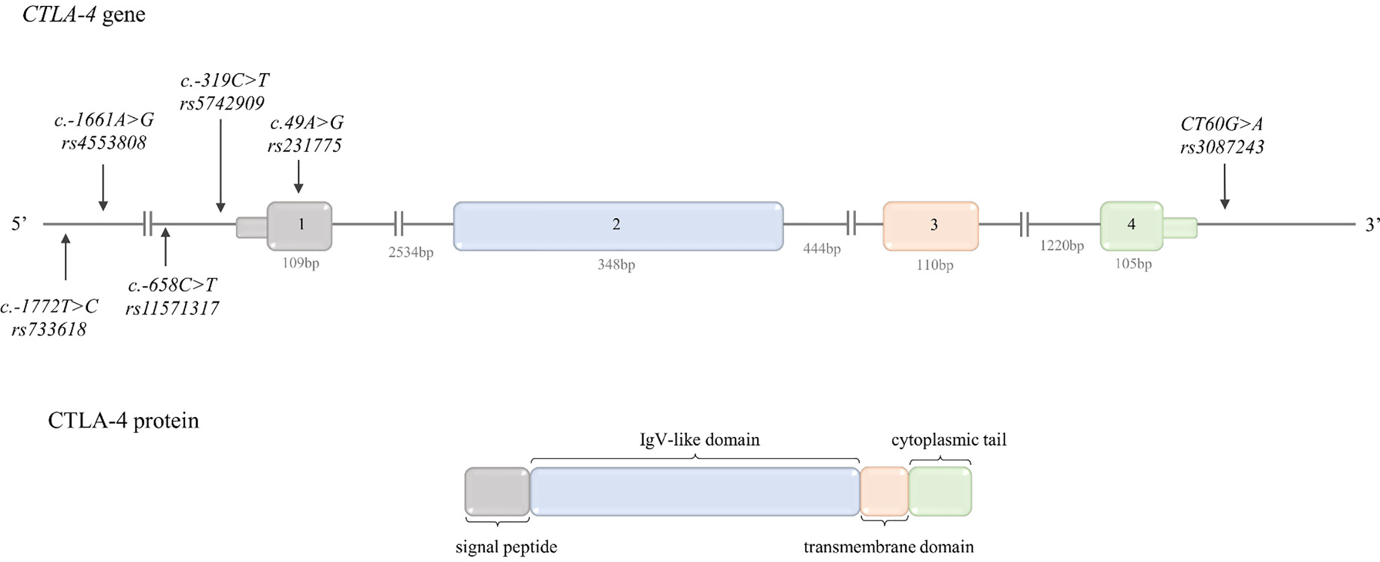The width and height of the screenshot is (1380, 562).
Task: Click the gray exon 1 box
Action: pyautogui.click(x=300, y=225)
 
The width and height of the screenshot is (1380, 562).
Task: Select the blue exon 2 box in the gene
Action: pyautogui.click(x=618, y=226)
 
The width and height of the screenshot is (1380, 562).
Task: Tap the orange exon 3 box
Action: pyautogui.click(x=931, y=226)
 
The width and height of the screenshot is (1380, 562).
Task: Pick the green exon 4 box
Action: pyautogui.click(x=1131, y=226)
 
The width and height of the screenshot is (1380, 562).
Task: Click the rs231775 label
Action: pyautogui.click(x=304, y=146)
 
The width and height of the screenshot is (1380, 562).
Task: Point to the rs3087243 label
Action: pyautogui.click(x=1222, y=147)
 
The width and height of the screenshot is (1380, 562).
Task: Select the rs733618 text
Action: pyautogui.click(x=49, y=330)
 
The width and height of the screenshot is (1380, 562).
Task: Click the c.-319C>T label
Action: pyautogui.click(x=225, y=80)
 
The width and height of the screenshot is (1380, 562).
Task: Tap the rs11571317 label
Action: pyautogui.click(x=172, y=308)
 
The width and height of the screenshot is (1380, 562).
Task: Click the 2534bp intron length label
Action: pyautogui.click(x=411, y=253)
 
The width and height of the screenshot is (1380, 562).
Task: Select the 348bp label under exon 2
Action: pyautogui.click(x=616, y=265)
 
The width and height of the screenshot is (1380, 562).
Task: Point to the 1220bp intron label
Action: pyautogui.click(x=1062, y=246)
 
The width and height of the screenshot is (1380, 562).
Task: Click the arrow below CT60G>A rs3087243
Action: pyautogui.click(x=1225, y=186)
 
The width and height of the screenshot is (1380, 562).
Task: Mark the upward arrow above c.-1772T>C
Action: pyautogui.click(x=65, y=257)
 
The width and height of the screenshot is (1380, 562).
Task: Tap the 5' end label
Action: pyautogui.click(x=19, y=224)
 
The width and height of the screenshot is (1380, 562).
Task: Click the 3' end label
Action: pyautogui.click(x=1371, y=225)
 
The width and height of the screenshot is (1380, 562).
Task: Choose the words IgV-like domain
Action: pyautogui.click(x=699, y=440)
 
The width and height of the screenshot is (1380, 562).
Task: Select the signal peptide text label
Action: pyautogui.click(x=506, y=547)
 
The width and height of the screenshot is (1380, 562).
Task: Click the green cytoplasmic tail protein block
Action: pyautogui.click(x=940, y=492)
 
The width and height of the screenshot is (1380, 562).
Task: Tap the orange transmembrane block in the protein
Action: pyautogui.click(x=884, y=492)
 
